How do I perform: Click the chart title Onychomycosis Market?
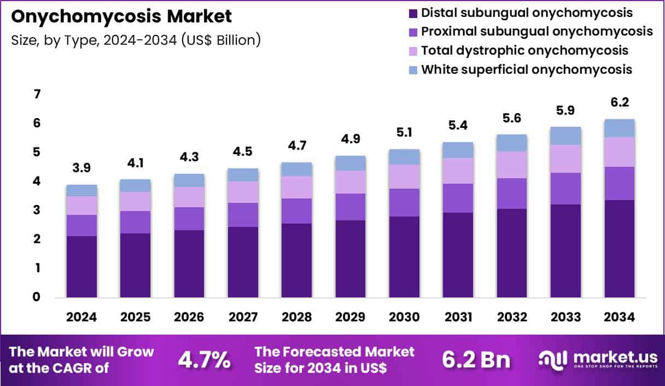pyautogui.click(x=121, y=16)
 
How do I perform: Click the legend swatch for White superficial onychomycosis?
pyautogui.click(x=413, y=70)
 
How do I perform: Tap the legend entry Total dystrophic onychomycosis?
pyautogui.click(x=524, y=50)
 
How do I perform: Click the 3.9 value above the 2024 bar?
pyautogui.click(x=82, y=168)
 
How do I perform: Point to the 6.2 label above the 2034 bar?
pyautogui.click(x=620, y=102)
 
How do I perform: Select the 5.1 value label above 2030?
pyautogui.click(x=404, y=133)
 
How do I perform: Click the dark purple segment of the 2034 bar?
pyautogui.click(x=620, y=249)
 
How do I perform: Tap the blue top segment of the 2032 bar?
pyautogui.click(x=512, y=143)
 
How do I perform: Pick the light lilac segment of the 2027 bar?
pyautogui.click(x=243, y=192)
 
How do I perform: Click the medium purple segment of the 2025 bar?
pyautogui.click(x=136, y=222)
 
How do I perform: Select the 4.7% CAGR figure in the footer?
pyautogui.click(x=204, y=360)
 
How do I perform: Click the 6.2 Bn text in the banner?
pyautogui.click(x=476, y=360)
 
